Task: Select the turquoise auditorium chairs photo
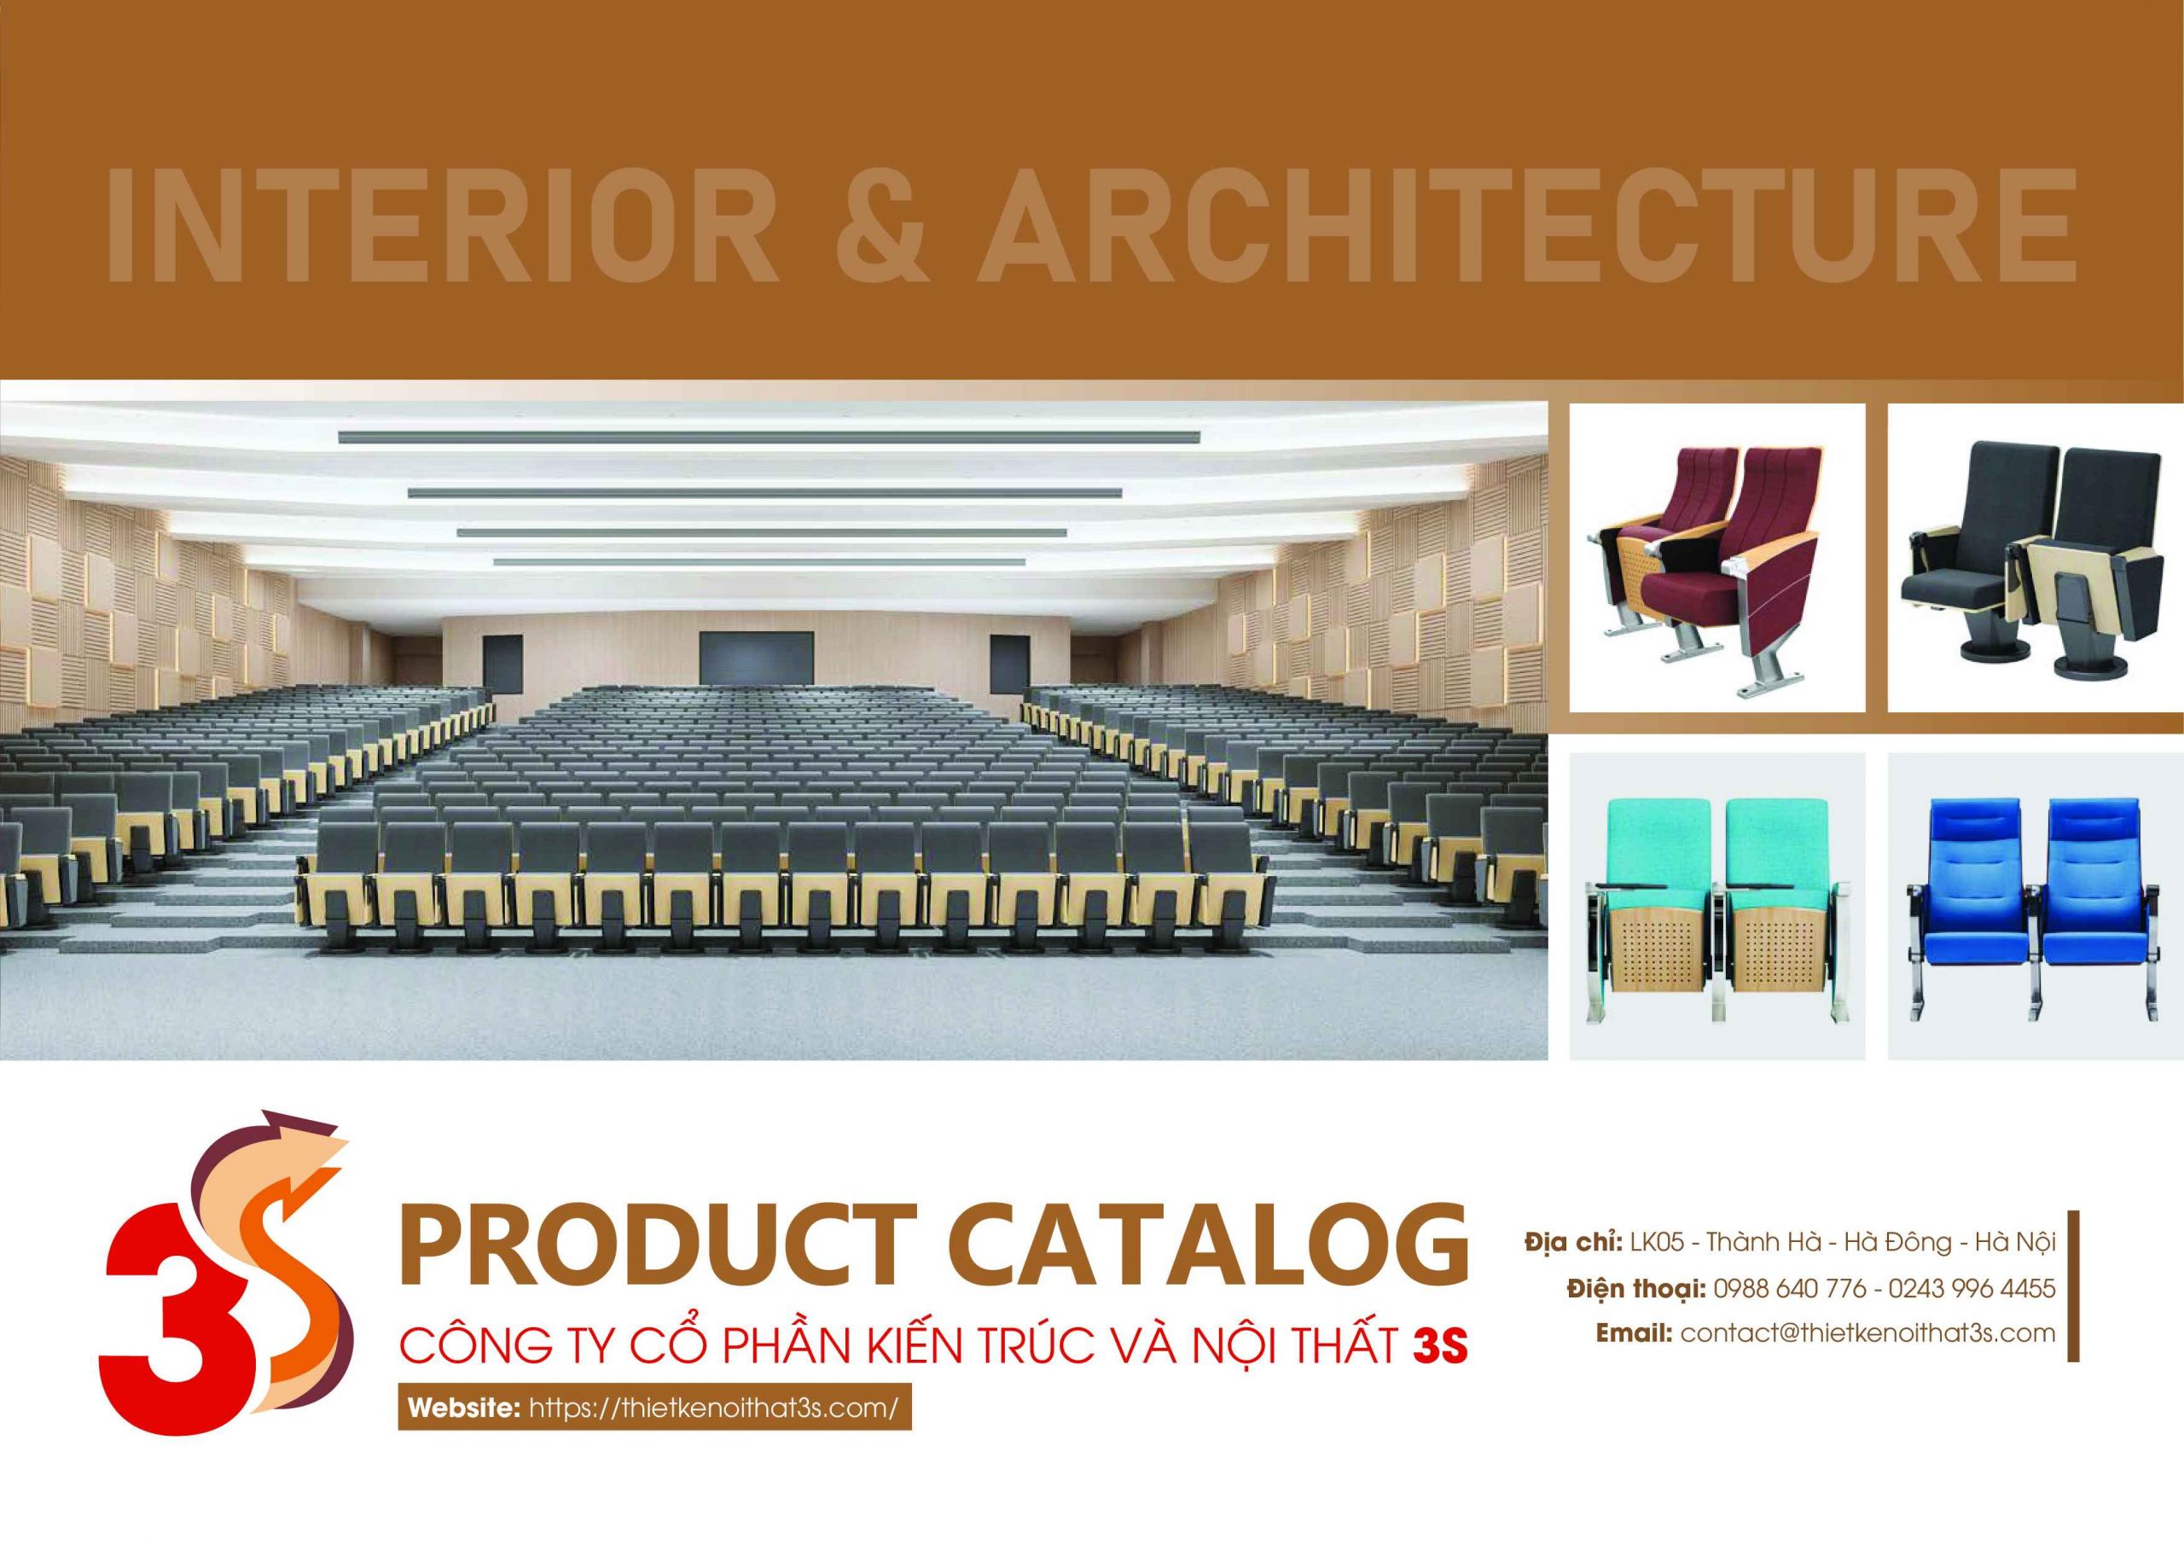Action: [1717, 906]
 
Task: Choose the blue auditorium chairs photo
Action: [2036, 906]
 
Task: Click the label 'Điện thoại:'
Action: [1635, 1288]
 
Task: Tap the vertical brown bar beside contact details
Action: [2073, 1297]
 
